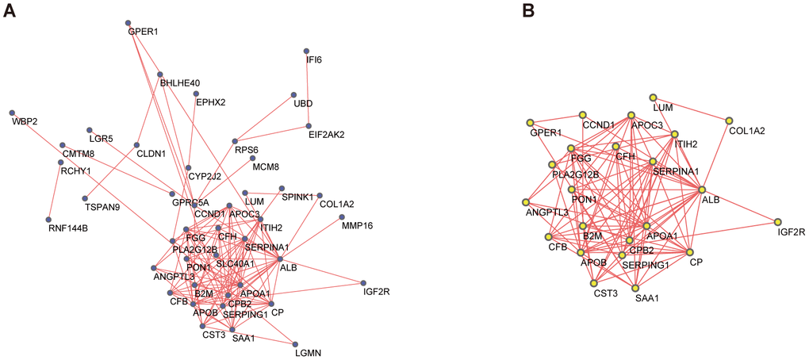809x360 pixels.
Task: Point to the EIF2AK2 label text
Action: tap(327, 135)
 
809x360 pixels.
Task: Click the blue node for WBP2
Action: tap(12, 113)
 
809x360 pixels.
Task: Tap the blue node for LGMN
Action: tap(296, 343)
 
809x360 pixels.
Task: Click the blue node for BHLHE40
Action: tap(159, 74)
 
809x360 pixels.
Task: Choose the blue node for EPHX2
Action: tap(196, 93)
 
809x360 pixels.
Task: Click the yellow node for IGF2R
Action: tap(778, 222)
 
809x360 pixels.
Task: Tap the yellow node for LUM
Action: tap(653, 97)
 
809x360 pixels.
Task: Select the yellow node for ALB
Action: tap(701, 190)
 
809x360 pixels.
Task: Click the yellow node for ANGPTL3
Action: tap(525, 203)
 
